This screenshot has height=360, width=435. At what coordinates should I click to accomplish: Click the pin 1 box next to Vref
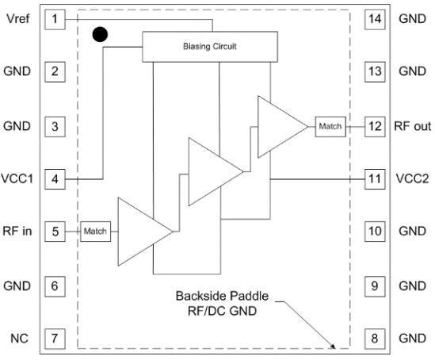pos(55,18)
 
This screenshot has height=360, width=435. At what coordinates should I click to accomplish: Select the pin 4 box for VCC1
pos(55,178)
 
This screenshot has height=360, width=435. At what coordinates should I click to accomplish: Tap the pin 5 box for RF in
pos(55,232)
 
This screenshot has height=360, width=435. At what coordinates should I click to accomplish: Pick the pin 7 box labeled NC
pos(55,339)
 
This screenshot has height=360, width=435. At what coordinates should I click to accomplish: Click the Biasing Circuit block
pos(211,47)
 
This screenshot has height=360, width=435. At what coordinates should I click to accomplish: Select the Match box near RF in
pos(95,232)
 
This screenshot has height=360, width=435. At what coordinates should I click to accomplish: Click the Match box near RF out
pos(330,125)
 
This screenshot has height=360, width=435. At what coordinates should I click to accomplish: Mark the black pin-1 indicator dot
pos(100,34)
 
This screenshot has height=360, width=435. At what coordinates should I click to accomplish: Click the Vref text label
pos(17,18)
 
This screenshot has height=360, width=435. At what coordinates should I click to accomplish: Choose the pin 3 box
pos(55,125)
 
